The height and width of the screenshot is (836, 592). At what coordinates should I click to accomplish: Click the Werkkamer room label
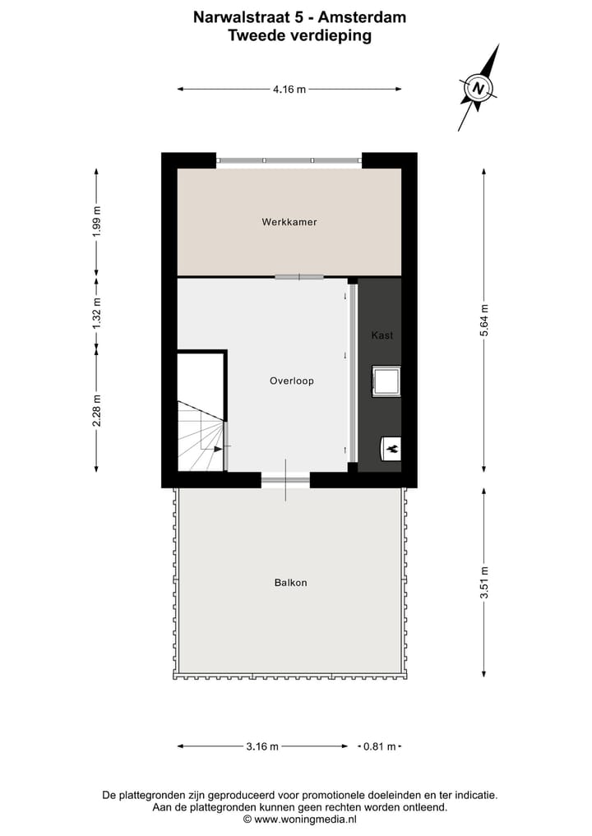[289, 222]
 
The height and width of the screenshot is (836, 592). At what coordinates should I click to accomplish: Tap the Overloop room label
[291, 381]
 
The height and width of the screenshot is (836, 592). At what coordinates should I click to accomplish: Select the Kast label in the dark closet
[382, 335]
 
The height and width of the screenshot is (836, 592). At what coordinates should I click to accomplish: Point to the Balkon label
[290, 583]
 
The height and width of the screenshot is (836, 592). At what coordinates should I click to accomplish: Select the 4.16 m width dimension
[289, 90]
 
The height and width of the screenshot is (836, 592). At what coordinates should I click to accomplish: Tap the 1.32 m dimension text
[97, 313]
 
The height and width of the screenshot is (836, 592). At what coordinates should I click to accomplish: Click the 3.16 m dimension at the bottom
[262, 746]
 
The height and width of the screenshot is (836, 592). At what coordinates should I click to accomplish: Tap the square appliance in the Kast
[386, 381]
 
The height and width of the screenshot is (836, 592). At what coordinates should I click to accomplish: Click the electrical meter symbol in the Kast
[391, 448]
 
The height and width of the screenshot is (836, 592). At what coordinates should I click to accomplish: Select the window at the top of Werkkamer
[289, 160]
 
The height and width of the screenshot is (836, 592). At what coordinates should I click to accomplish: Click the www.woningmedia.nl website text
[299, 819]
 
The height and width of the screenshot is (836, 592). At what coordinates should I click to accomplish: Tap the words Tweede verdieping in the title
[299, 35]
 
